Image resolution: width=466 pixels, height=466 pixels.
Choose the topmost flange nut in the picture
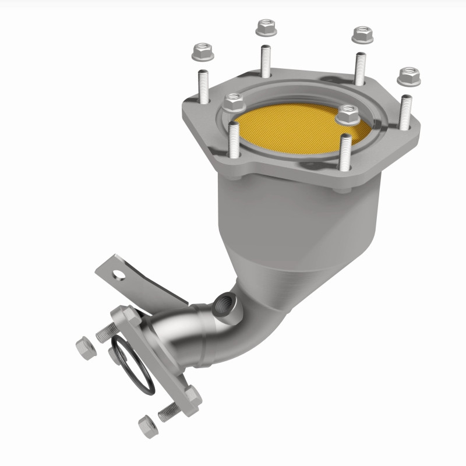point(266,28)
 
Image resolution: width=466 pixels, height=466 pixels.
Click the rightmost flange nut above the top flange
point(409,76)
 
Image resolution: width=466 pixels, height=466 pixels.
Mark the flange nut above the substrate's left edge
point(234,103)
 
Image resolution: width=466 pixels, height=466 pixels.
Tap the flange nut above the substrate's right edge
point(348,115)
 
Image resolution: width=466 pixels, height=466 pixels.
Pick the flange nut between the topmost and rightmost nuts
point(362,34)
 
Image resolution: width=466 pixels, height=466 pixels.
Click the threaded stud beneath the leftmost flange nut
point(203,85)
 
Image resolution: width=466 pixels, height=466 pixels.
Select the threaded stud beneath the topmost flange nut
point(266,61)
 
